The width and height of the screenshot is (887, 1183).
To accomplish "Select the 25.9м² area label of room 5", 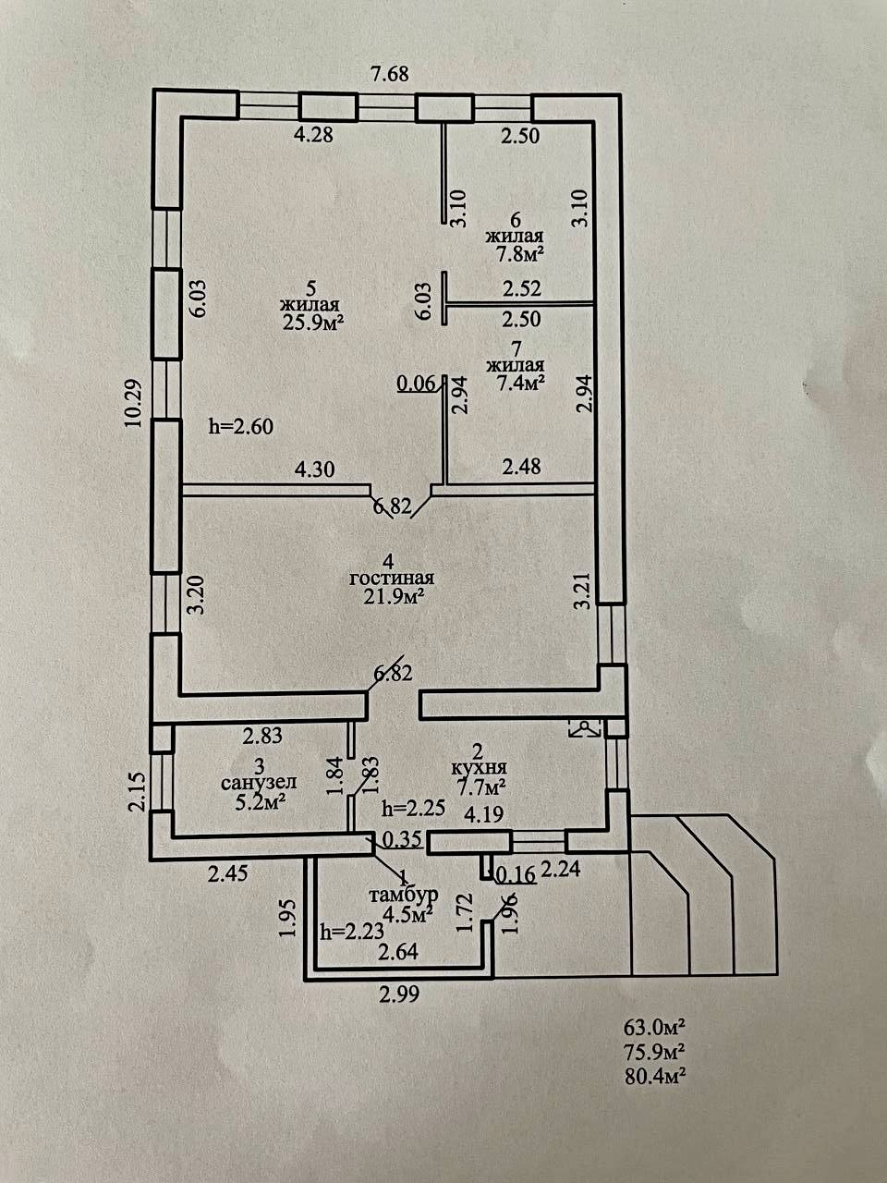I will (310, 323).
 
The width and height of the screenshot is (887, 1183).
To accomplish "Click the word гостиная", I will (391, 579).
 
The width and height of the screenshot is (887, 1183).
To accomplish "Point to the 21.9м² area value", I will (393, 597).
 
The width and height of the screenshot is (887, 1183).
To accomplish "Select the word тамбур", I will (402, 896).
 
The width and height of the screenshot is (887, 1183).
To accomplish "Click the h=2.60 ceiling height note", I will (241, 427).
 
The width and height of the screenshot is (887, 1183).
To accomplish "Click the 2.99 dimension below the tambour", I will (399, 995).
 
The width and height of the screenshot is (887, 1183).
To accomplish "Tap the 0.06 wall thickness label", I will (415, 384).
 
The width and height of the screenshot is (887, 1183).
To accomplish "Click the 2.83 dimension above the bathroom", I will (261, 737).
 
